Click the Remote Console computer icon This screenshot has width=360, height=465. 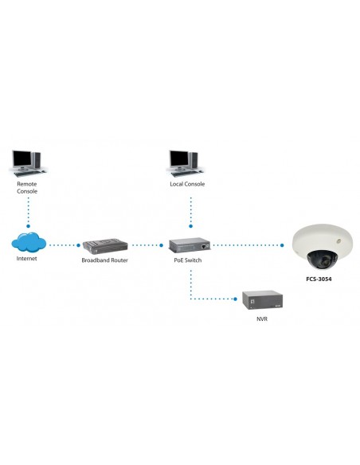28,162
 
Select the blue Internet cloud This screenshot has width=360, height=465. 28,242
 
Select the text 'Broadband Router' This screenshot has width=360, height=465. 104,261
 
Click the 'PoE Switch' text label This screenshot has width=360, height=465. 190,261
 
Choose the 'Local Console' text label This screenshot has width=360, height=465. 187,184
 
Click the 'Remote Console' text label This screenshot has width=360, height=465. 27,188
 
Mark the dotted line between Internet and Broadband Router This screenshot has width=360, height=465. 62,245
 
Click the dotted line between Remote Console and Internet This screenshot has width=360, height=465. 28,213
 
